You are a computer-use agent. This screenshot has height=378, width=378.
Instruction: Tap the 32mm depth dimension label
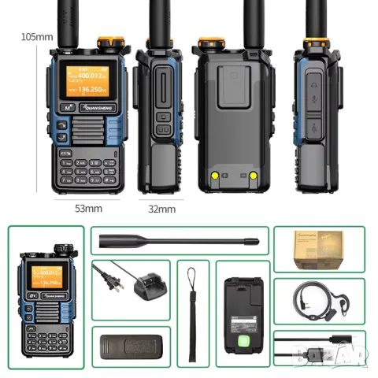[161, 209]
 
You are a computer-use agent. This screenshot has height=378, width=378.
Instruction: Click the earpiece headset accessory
[318, 300]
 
